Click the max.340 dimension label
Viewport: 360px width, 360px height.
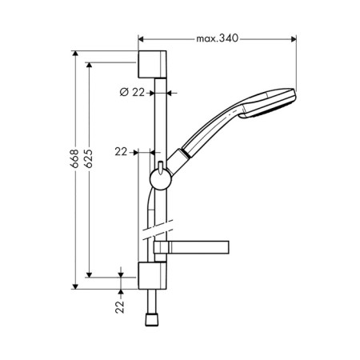217,38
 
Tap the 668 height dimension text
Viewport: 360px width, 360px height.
74,158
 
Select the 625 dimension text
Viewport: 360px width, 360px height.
88,158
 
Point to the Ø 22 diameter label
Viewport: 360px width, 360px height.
132,93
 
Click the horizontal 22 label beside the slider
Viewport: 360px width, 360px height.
121,152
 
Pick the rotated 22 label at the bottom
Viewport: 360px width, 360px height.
120,306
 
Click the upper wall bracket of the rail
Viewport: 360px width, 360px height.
152,64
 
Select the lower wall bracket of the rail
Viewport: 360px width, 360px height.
152,276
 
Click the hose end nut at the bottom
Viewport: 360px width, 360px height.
152,320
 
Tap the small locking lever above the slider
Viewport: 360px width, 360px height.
161,167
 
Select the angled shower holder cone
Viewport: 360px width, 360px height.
178,162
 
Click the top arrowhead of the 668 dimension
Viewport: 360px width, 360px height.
75,54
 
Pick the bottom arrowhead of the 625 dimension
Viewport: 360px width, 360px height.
90,274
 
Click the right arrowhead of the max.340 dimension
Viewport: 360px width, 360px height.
294,39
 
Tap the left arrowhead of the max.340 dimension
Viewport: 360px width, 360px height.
141,39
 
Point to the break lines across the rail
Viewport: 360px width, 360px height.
158,230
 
